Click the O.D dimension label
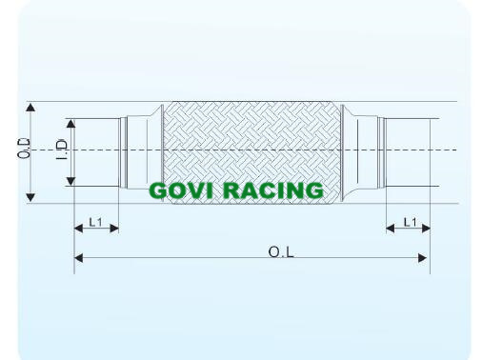24,149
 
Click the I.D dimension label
62,150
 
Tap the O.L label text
281,252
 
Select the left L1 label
95,222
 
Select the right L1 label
410,222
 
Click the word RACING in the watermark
273,190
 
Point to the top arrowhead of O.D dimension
30,107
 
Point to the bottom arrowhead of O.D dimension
30,197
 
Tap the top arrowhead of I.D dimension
70,124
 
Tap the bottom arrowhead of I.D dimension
70,181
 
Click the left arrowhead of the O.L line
78,258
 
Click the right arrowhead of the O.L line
423,258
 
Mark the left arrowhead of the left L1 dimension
78,228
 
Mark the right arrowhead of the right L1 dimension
426,228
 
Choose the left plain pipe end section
97,152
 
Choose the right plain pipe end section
408,152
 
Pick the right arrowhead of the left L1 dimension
114,228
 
